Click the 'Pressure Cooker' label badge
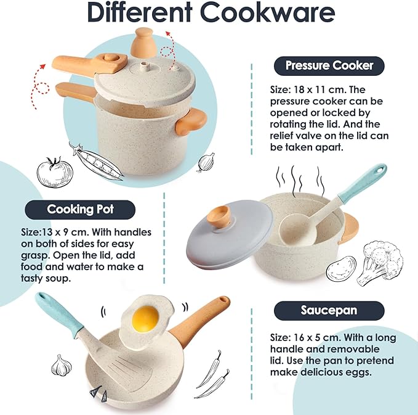tap(329, 65)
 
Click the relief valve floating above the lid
tap(145, 41)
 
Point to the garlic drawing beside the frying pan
tap(62, 365)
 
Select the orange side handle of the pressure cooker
tap(190, 121)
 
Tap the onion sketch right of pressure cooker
tap(206, 163)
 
